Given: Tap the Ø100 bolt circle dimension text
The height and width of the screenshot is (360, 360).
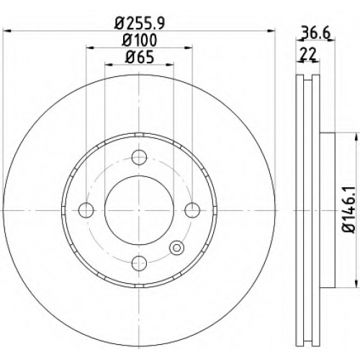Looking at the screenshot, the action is [x=140, y=40].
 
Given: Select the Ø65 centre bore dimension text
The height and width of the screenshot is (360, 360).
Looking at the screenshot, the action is [x=140, y=58].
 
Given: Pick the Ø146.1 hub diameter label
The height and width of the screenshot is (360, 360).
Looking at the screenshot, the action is [x=349, y=210].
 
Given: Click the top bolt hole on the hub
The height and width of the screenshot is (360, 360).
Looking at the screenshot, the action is [x=139, y=157].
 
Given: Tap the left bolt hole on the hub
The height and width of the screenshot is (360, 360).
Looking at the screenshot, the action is [x=86, y=210].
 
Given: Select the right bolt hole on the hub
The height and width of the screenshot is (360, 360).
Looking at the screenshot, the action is [x=192, y=210].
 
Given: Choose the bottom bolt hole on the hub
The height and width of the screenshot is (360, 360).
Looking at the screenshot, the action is [x=139, y=263].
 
